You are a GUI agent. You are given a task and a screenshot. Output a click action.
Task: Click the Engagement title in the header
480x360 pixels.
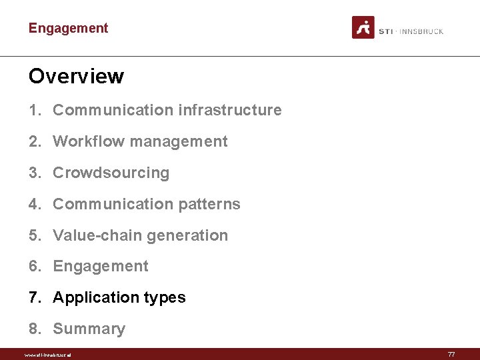(x=68, y=28)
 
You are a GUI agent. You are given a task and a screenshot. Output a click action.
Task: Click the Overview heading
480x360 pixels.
(x=76, y=76)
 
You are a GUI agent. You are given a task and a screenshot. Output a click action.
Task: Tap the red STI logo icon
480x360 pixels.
(x=363, y=27)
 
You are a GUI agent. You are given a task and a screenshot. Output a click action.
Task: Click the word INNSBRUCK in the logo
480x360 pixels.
(x=421, y=31)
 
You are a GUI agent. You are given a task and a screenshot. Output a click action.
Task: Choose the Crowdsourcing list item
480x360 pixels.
(x=111, y=173)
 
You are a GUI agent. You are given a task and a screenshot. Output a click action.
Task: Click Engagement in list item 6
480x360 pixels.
(x=101, y=266)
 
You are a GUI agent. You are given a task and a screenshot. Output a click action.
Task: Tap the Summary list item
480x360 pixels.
(x=89, y=329)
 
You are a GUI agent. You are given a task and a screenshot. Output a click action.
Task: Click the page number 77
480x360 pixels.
(x=451, y=355)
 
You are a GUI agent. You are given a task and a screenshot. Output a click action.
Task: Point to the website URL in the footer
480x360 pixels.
(x=47, y=355)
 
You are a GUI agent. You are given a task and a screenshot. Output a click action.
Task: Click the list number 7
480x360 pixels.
(x=33, y=297)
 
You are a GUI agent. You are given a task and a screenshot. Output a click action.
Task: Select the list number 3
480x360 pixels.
(x=33, y=173)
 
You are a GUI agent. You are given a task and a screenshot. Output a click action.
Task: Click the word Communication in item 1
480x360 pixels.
(x=103, y=110)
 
